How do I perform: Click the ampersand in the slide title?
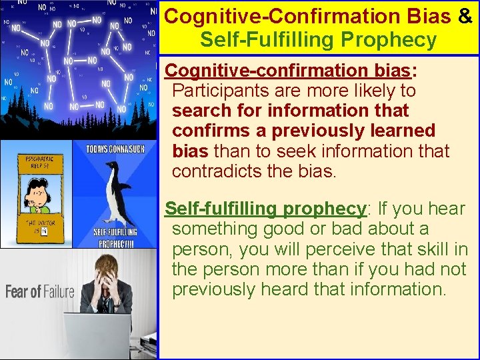pos(465,16)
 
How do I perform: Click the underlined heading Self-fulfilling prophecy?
pos(265,209)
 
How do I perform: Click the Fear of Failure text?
pos(40,292)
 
